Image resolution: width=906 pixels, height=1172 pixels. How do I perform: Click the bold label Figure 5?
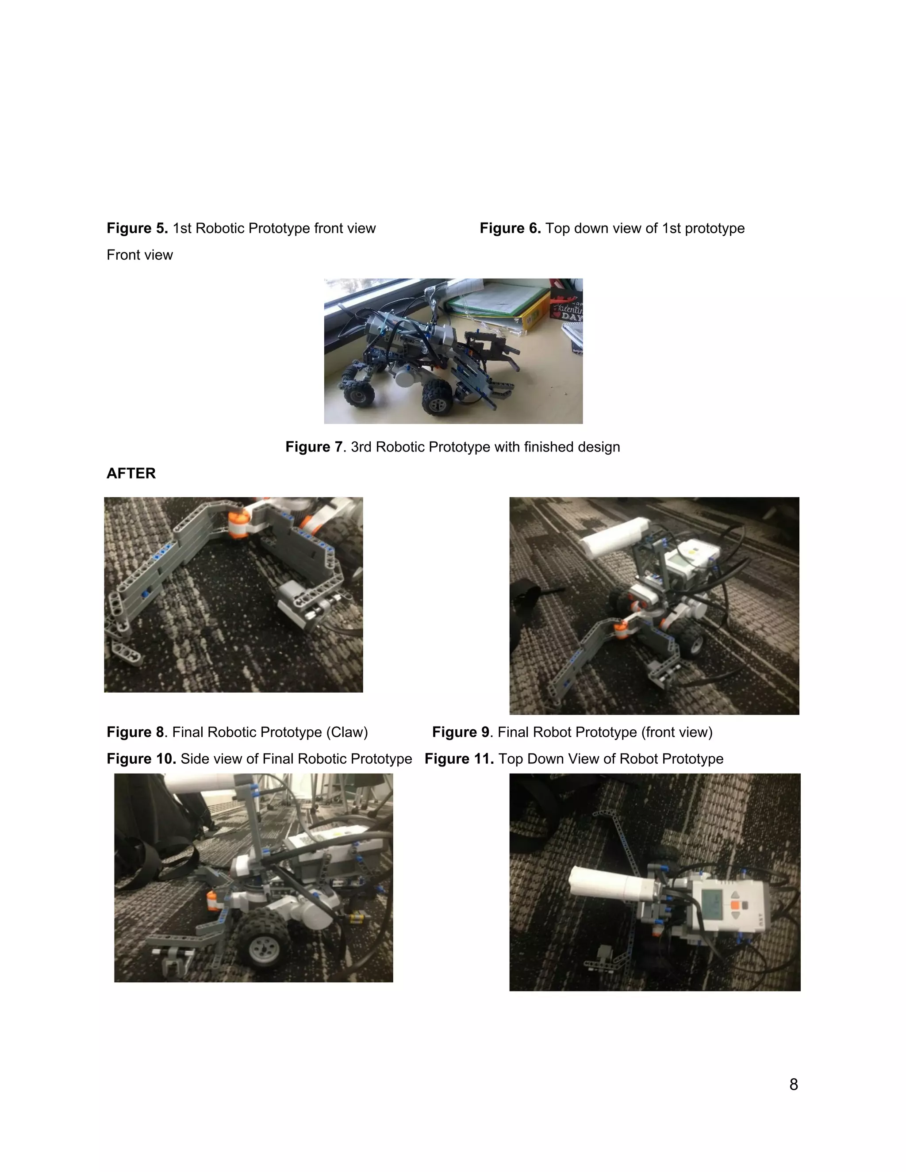point(137,228)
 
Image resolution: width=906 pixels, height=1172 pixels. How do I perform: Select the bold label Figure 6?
point(510,228)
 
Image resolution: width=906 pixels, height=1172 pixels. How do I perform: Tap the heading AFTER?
point(131,473)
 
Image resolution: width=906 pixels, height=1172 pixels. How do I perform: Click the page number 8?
point(793,1084)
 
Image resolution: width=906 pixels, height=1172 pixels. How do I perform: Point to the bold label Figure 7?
point(314,447)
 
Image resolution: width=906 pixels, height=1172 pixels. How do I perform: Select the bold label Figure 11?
point(459,759)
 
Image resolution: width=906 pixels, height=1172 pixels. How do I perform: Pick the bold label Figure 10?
point(141,759)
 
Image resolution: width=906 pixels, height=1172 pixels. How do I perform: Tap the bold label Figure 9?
point(461,732)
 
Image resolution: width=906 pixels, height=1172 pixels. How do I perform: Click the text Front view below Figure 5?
point(139,255)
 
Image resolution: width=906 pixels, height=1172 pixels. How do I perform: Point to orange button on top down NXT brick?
point(735,905)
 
